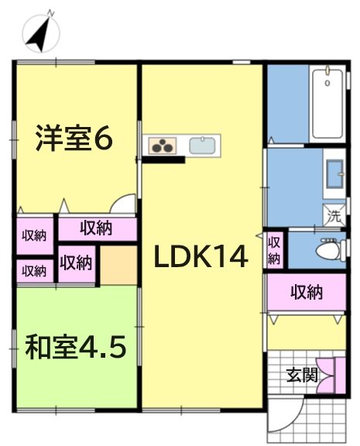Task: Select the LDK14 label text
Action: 200,256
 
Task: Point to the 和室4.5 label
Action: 75,347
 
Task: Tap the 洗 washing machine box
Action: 334,213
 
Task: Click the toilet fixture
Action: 327,249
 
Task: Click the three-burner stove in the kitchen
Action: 164,144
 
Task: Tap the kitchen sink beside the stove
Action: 203,144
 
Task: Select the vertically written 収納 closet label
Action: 274,250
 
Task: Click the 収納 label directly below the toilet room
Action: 307,293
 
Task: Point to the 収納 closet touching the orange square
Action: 76,262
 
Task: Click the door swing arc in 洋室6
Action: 122,206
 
